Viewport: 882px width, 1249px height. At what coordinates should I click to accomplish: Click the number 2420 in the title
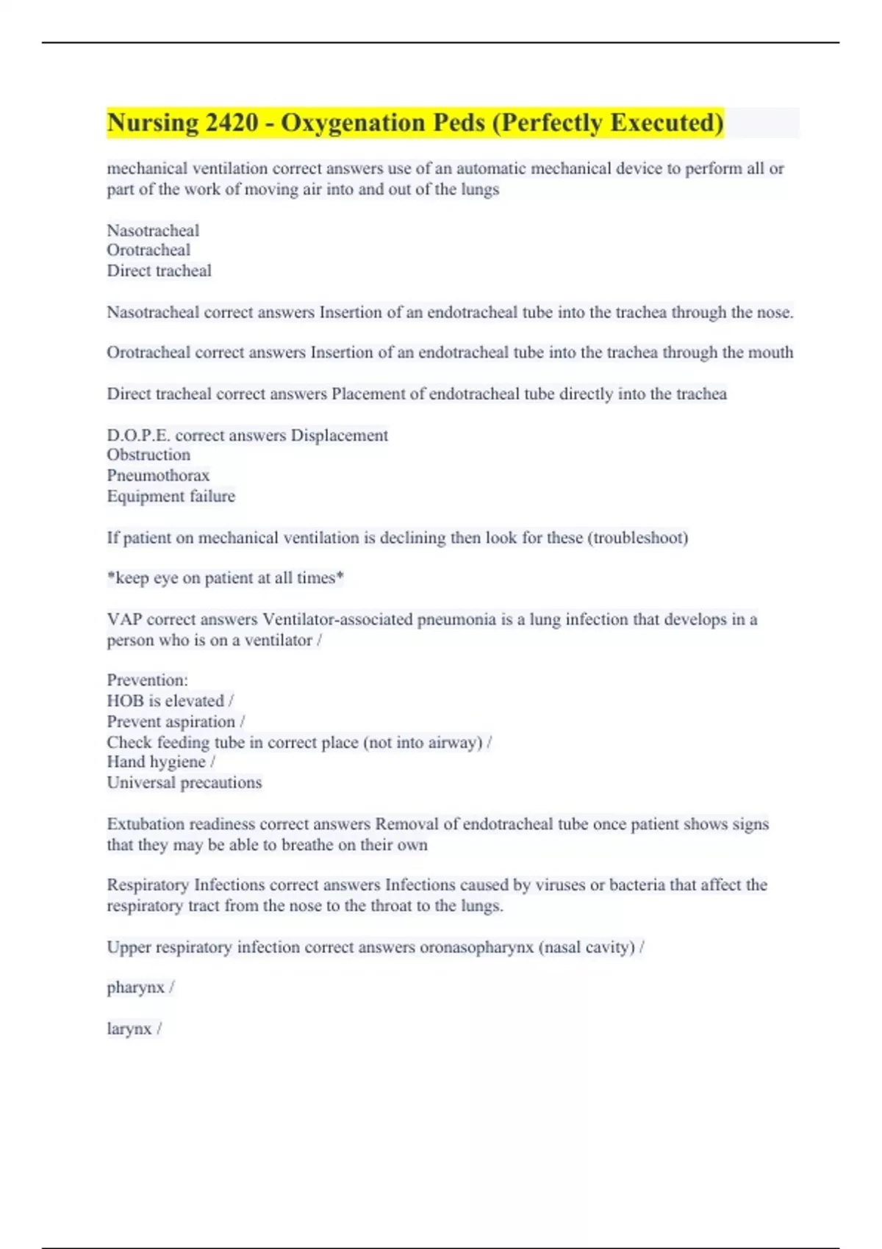click(232, 123)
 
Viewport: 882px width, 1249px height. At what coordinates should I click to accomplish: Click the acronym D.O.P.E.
click(138, 436)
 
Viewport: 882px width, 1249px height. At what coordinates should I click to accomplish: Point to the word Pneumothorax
click(158, 475)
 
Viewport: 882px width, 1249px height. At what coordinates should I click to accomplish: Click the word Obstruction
click(148, 455)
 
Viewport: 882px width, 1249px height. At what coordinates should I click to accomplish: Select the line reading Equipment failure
click(171, 497)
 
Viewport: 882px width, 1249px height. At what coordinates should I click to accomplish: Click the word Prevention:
click(147, 680)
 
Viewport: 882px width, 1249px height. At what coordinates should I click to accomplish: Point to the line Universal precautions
click(184, 782)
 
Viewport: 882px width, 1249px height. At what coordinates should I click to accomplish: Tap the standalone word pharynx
click(136, 988)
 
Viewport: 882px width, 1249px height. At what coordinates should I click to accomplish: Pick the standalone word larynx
click(129, 1029)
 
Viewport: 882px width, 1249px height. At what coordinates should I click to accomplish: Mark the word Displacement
click(340, 436)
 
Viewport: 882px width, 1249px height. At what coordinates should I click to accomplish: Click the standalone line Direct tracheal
click(159, 271)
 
